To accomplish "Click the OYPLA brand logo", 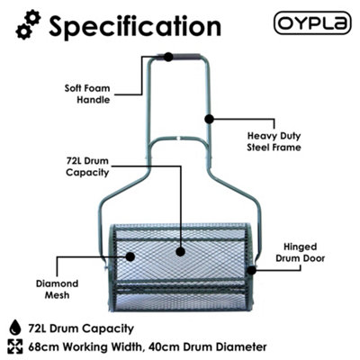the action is [312, 22].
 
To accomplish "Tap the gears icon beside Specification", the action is [28, 24].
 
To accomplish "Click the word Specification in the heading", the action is [135, 26].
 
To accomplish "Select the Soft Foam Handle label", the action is [87, 94].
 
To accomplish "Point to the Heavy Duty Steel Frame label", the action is [274, 141].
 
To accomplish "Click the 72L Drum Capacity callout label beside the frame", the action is [87, 166].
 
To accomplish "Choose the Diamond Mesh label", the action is [57, 289].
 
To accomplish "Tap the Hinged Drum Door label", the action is [300, 252].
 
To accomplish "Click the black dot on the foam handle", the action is [168, 57].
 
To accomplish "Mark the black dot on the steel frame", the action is [209, 119].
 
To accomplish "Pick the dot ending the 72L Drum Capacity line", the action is [180, 252].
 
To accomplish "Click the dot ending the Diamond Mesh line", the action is [130, 256].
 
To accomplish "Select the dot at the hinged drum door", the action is [251, 270].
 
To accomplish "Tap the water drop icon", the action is [15, 328].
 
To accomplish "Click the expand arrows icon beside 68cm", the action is [15, 346].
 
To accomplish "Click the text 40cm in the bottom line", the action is [163, 347].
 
